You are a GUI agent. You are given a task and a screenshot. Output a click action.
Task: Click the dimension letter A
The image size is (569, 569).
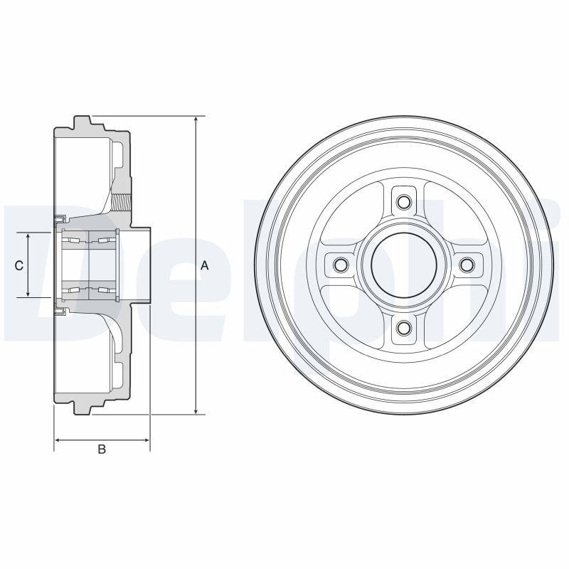204,265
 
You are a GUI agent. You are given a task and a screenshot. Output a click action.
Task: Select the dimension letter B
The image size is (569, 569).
102,449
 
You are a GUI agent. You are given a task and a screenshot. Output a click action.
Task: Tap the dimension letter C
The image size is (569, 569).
19,265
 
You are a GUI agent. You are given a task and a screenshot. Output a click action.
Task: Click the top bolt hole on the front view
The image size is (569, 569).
403,201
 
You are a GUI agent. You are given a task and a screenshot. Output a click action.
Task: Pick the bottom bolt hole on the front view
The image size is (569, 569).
403,327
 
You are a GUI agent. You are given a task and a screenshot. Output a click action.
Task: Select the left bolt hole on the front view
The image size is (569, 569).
340,265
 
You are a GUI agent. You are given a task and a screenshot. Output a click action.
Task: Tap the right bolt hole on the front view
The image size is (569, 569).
467,265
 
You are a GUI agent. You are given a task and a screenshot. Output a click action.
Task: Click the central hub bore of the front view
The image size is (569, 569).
403,265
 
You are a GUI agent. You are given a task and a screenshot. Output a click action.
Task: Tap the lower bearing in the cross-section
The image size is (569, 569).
88,289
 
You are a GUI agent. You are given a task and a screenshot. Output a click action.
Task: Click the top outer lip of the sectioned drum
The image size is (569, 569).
83,122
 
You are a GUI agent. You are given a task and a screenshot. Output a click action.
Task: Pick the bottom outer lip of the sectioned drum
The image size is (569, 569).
83,408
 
